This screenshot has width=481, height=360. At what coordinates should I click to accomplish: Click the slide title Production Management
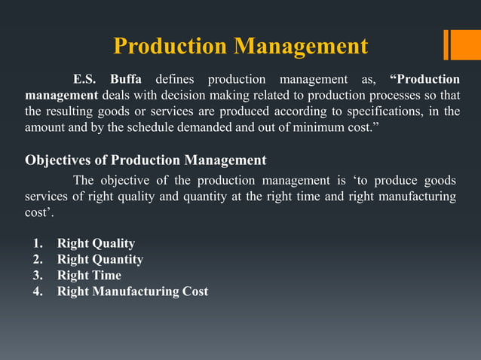(x=240, y=47)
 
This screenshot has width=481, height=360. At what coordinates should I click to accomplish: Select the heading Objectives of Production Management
(x=146, y=160)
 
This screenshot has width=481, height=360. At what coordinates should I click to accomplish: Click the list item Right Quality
(x=96, y=243)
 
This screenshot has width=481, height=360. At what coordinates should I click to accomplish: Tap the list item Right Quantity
(x=100, y=259)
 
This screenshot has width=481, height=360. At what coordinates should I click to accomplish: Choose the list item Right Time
(x=89, y=275)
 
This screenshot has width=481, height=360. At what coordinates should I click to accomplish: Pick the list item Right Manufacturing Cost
(x=133, y=291)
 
